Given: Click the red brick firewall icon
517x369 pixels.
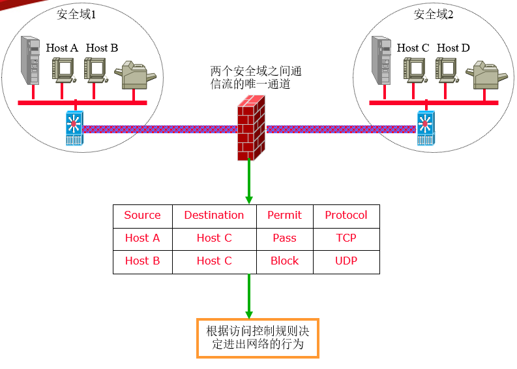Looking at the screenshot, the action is (x=251, y=128).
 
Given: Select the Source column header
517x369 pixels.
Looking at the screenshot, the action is (x=142, y=216).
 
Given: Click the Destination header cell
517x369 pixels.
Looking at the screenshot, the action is (x=214, y=216).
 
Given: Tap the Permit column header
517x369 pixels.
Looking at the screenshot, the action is (x=284, y=216).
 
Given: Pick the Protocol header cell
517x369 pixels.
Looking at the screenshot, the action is (x=346, y=216).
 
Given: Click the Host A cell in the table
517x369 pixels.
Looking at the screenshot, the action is (x=142, y=238).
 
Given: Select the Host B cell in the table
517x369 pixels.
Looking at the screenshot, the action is (x=142, y=261).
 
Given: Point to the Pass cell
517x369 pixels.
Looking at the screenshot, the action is (x=284, y=238).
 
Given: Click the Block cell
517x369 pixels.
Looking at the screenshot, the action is (x=284, y=261).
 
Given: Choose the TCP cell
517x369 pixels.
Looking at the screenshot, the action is (x=346, y=238).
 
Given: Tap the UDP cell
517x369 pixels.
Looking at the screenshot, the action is (x=346, y=261).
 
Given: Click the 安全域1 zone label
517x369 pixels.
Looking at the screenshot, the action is (x=76, y=14).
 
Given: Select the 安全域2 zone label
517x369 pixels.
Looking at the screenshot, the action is (x=434, y=14).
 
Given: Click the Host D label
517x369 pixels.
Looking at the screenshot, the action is (x=453, y=48).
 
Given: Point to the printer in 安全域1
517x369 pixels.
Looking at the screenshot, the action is (x=135, y=75).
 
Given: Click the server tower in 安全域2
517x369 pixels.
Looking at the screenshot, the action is (x=381, y=61).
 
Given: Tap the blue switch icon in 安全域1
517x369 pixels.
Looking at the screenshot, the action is (x=74, y=128).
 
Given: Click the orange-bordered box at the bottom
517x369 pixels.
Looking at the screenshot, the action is (x=258, y=338).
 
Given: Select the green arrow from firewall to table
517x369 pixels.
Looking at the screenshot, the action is (x=249, y=181).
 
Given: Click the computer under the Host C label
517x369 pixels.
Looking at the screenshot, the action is (x=415, y=70).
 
